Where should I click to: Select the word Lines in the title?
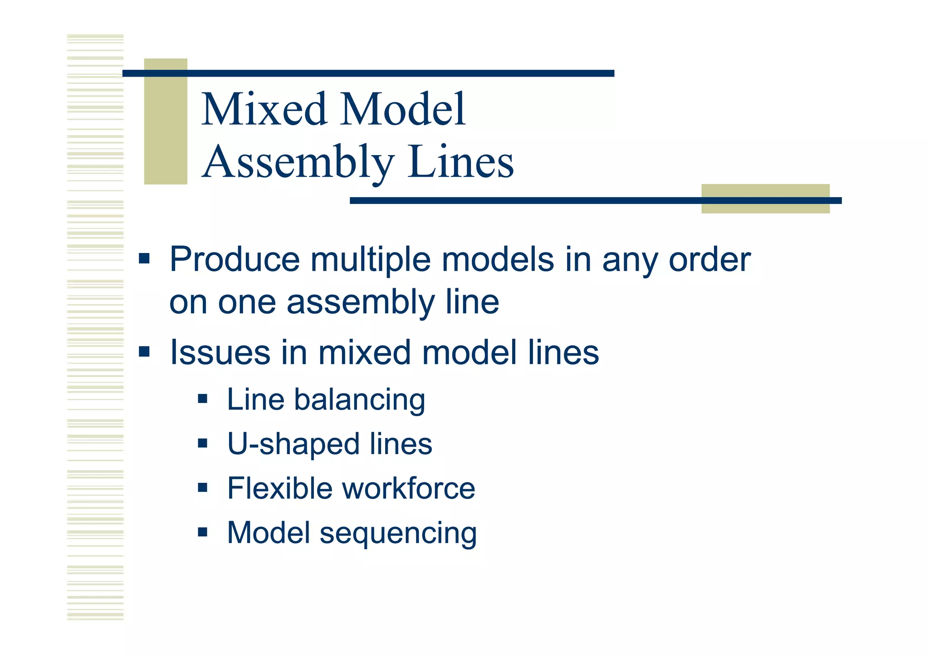point(460,161)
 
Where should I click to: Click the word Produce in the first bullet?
point(235,259)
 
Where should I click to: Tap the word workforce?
point(408,488)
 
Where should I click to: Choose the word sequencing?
point(398,534)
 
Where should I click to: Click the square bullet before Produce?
point(144,259)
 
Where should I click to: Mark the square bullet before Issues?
point(144,352)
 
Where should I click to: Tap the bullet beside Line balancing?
point(203,399)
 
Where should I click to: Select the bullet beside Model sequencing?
point(203,532)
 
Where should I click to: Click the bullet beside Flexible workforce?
point(203,488)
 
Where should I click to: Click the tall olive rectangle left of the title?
point(166,121)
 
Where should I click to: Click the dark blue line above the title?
point(368,73)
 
